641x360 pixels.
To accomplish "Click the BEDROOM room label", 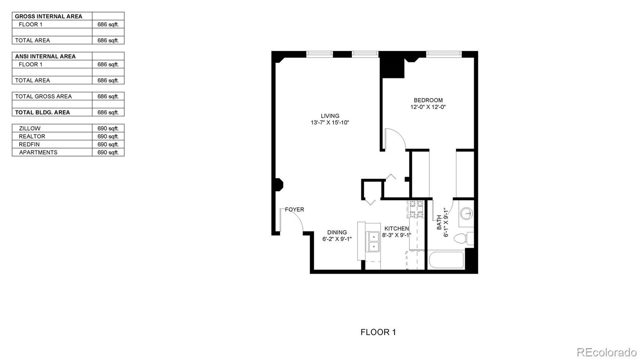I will [x=428, y=100].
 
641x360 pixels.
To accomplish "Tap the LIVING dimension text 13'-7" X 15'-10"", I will [x=330, y=123].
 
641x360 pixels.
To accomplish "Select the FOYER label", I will [x=294, y=209].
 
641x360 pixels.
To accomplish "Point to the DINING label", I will [x=337, y=232].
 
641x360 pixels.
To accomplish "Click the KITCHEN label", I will [x=397, y=228].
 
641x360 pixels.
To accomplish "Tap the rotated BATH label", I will [x=439, y=222].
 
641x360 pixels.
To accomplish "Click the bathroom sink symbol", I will [x=466, y=213].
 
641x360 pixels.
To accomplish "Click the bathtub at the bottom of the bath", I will [x=446, y=261].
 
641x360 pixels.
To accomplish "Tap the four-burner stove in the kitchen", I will [x=415, y=209].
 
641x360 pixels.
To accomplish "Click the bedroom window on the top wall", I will [x=443, y=53].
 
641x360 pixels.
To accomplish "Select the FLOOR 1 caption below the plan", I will [x=378, y=332].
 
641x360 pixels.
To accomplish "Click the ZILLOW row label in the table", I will [x=30, y=128].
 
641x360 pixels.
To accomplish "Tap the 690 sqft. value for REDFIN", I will [x=108, y=144].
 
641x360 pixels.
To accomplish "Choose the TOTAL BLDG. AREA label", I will [x=42, y=112].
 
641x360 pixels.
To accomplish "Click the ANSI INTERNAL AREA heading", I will [x=45, y=56].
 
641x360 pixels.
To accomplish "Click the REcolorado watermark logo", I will [x=606, y=352].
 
